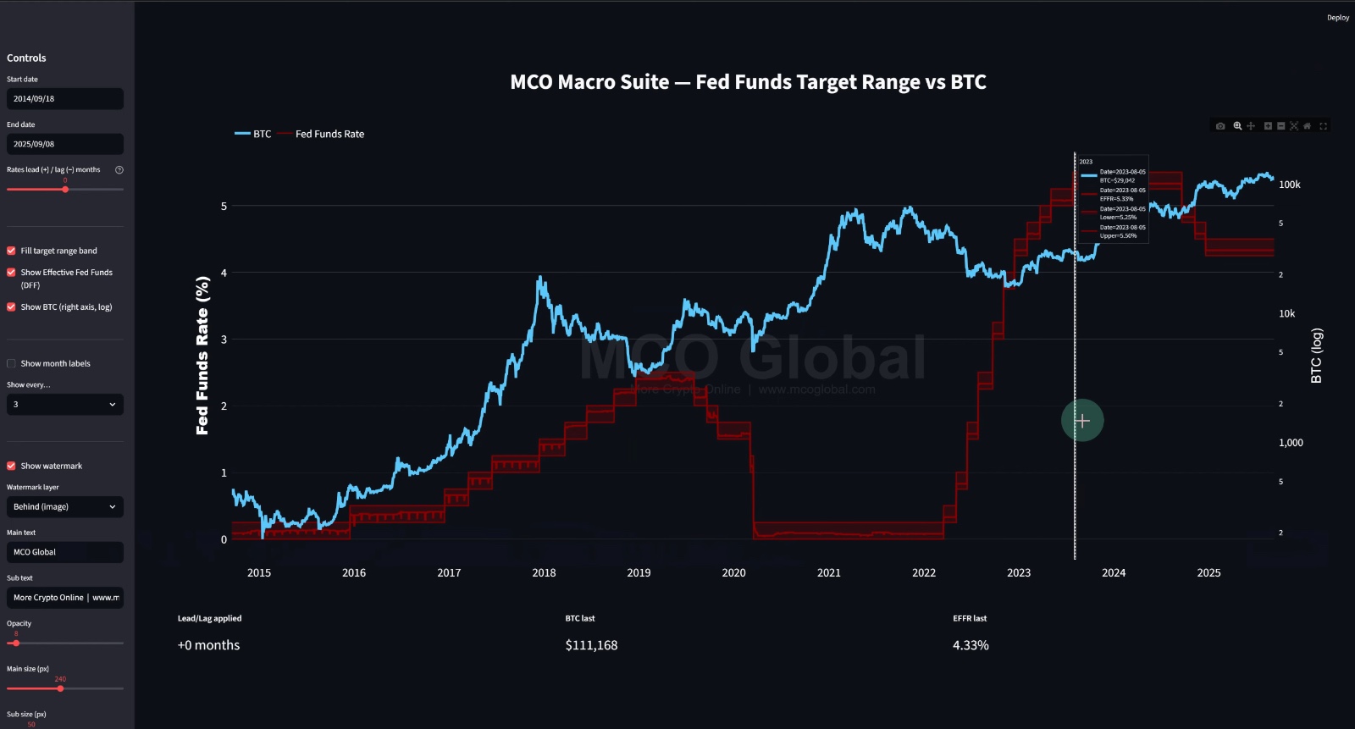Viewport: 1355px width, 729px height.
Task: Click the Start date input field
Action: pos(64,99)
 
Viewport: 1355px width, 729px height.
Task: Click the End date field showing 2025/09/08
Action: pos(64,144)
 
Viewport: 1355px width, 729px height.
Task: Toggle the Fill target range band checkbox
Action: pos(11,251)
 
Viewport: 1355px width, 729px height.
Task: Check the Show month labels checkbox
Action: pos(11,363)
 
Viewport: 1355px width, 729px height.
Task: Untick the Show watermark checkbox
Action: pos(11,466)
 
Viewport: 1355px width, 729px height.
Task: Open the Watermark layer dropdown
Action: pos(64,506)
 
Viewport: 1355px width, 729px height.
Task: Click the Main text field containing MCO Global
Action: pos(64,552)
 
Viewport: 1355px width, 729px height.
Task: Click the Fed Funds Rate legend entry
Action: pos(329,134)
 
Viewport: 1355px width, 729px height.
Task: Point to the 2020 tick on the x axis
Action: pos(733,573)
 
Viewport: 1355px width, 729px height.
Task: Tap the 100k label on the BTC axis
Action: pos(1289,185)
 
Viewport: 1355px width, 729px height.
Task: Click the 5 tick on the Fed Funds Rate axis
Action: pos(224,206)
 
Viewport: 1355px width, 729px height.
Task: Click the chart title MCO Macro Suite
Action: pos(748,82)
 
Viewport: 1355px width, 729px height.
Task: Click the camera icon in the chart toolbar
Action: pos(1220,126)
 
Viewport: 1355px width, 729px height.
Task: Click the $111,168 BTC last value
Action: pos(591,645)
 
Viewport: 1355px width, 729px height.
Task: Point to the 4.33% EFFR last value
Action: pos(971,645)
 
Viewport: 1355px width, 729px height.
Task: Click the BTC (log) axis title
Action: pos(1316,356)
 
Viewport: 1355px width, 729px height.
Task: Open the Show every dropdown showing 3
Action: pos(64,405)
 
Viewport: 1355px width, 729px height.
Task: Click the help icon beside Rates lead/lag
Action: pos(119,169)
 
